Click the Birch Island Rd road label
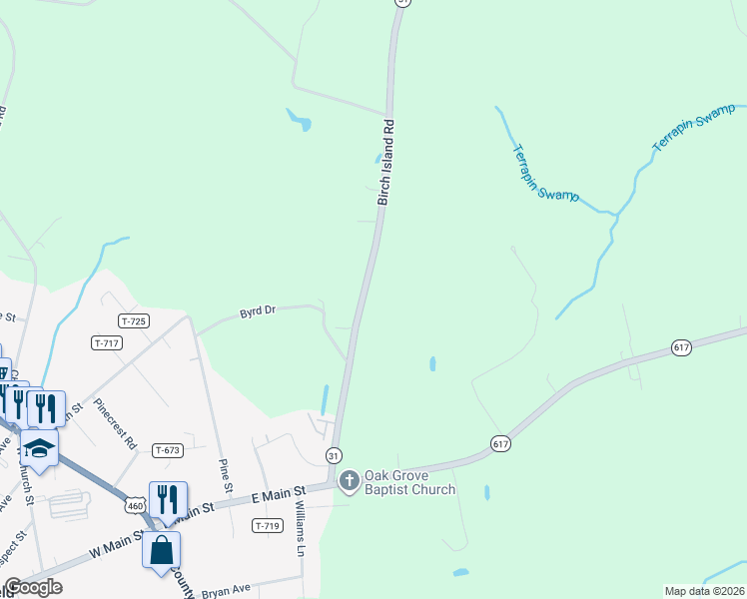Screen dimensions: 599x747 387,164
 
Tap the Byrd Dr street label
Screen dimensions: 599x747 257,311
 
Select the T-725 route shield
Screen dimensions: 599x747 133,320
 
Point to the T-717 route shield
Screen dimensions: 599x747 106,343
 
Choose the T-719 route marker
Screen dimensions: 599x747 266,526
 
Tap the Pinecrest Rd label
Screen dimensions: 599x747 116,424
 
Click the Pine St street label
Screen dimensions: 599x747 227,475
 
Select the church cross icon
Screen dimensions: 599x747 349,482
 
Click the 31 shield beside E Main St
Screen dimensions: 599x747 333,455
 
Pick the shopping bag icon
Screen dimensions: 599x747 162,550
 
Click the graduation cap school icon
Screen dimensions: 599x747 40,449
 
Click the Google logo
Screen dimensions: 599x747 32,587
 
